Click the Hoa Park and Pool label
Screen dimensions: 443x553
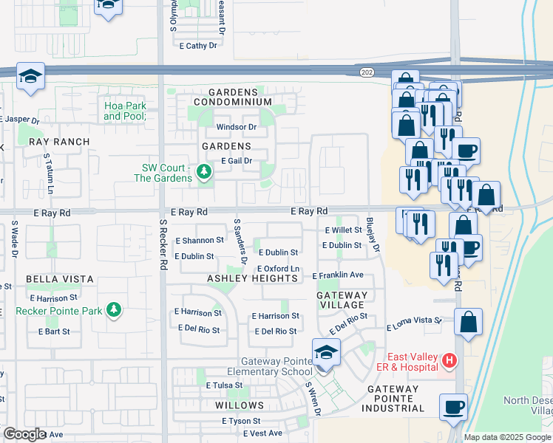click(125, 111)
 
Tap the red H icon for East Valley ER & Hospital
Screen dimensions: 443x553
click(447, 360)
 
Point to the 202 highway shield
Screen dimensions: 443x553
click(367, 72)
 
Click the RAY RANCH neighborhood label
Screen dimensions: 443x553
click(59, 142)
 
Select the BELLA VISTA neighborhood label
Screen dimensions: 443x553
click(60, 279)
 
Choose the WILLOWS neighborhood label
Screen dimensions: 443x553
click(239, 405)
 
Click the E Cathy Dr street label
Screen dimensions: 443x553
click(198, 46)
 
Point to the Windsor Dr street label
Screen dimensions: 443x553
click(236, 127)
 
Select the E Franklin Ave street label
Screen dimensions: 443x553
click(338, 275)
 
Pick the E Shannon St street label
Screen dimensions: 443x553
click(199, 241)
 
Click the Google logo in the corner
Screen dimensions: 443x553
click(25, 434)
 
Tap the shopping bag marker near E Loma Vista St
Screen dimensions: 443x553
click(469, 322)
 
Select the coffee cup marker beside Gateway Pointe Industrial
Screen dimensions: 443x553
click(453, 406)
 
